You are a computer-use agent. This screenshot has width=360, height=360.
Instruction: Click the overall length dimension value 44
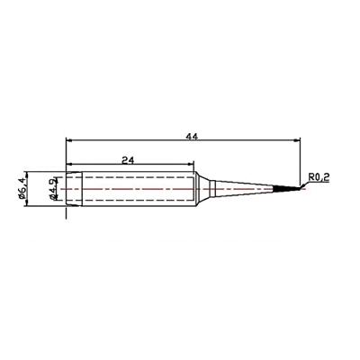191,136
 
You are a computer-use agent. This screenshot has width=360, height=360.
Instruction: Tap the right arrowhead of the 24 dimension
192,164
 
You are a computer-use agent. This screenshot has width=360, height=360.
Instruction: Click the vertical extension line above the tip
299,157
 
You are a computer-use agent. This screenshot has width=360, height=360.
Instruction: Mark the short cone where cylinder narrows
202,190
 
